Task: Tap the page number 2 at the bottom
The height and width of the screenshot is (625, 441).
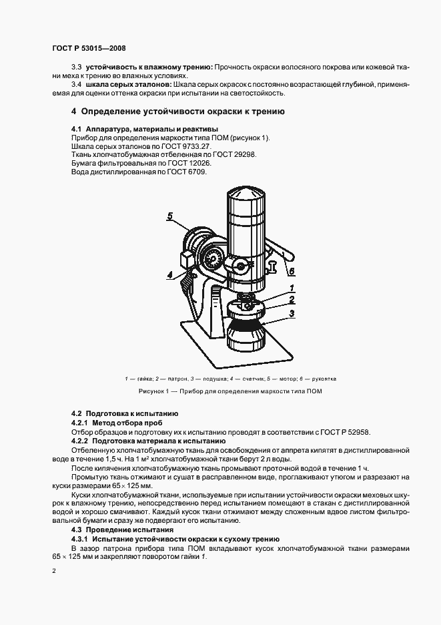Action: pos(54,571)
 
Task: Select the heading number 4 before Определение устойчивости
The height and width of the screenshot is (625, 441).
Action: pos(74,112)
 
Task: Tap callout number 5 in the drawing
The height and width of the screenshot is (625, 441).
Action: pos(170,216)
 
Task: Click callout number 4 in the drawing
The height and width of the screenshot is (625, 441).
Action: pos(170,274)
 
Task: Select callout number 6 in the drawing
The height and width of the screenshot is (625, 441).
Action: pos(292,270)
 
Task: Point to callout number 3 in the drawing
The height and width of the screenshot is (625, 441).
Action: pos(292,312)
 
